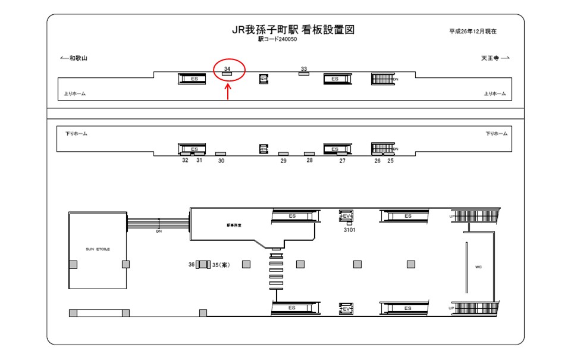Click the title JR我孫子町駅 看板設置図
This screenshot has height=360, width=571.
(293, 30)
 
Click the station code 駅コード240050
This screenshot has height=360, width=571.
(277, 40)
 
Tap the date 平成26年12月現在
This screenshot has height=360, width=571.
(473, 31)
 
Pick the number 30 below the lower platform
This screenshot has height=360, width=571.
(221, 161)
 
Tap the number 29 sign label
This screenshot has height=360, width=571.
(284, 161)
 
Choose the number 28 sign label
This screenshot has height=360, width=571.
(309, 160)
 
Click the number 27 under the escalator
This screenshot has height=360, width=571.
(342, 161)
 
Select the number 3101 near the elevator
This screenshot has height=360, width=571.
(349, 229)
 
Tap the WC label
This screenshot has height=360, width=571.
(478, 267)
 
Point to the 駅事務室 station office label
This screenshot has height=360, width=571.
(234, 225)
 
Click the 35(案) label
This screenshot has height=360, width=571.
(221, 265)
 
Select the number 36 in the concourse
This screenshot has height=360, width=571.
(192, 265)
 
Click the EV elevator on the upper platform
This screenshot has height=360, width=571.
(264, 79)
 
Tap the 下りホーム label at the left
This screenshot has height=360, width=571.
(76, 134)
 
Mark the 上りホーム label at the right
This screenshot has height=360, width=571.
(495, 93)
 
